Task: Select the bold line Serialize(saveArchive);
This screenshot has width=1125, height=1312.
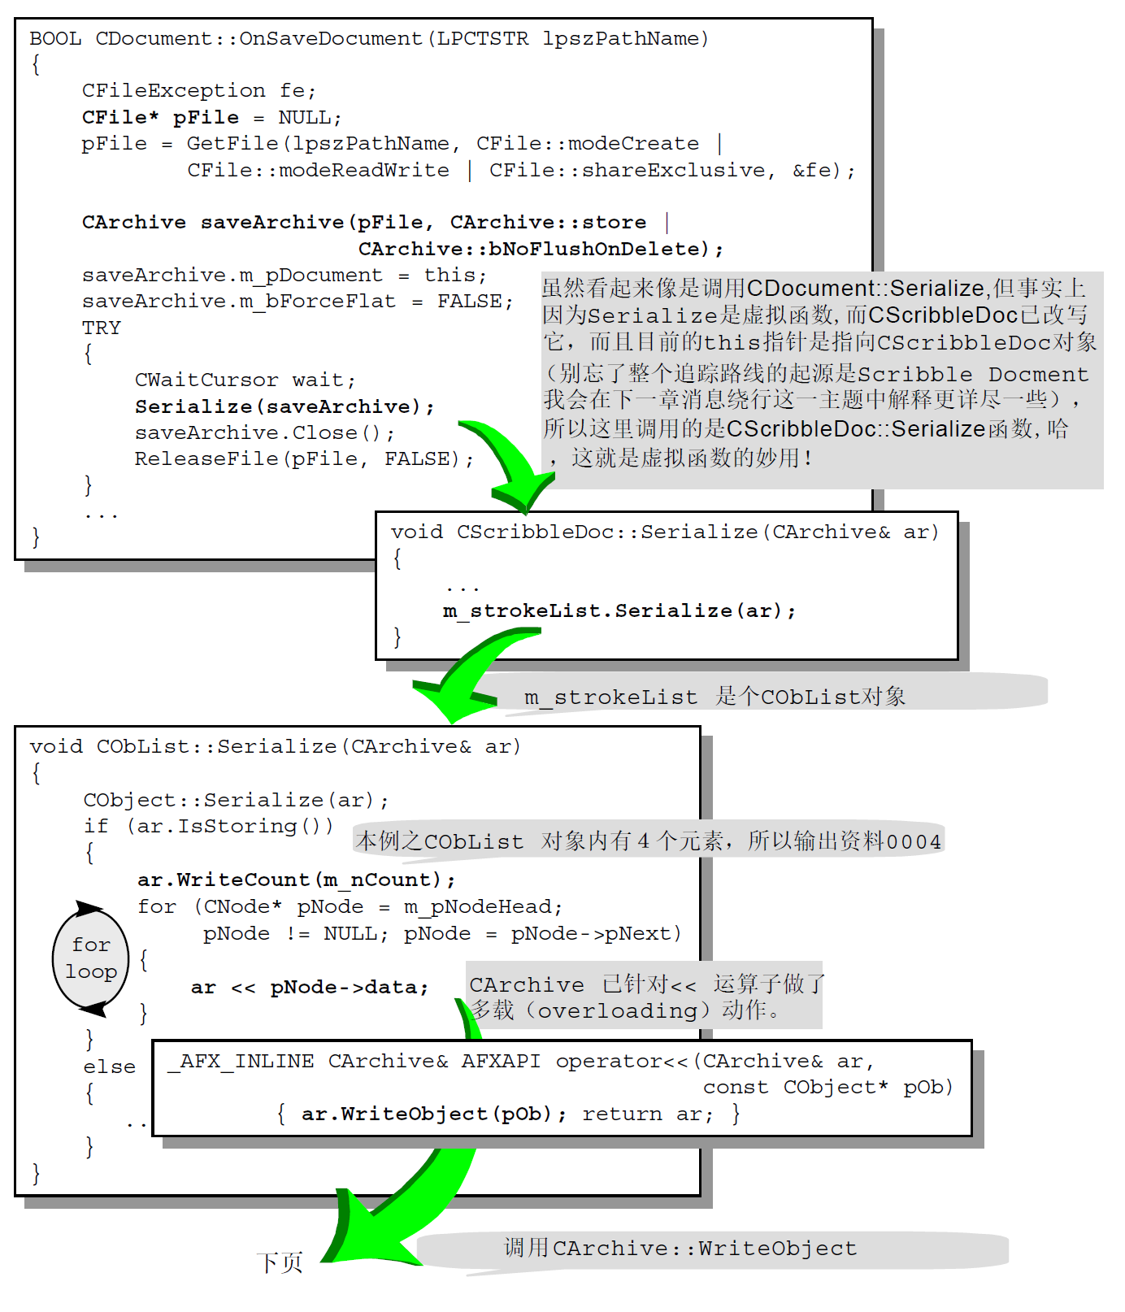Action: point(285,406)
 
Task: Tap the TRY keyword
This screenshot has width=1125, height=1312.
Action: point(102,328)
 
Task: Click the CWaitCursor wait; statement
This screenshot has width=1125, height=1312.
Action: point(245,380)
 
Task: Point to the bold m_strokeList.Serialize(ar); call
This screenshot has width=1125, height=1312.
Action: point(619,610)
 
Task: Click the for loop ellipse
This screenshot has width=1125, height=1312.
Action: point(90,958)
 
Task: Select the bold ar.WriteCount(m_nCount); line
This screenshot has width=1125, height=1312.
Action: point(296,880)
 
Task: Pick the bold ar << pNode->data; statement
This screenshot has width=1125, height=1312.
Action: point(309,987)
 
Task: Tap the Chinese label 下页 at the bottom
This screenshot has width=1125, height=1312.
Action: point(280,1262)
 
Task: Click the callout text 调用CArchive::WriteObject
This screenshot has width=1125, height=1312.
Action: point(680,1249)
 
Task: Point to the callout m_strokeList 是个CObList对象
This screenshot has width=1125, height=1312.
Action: point(715,697)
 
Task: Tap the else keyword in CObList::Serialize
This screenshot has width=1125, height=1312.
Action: point(109,1067)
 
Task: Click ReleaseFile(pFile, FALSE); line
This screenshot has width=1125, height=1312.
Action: point(303,459)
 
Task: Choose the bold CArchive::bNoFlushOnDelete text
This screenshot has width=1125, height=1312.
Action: point(540,249)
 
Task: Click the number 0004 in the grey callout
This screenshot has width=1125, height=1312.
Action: point(914,841)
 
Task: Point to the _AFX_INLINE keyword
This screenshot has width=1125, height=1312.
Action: point(241,1062)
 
